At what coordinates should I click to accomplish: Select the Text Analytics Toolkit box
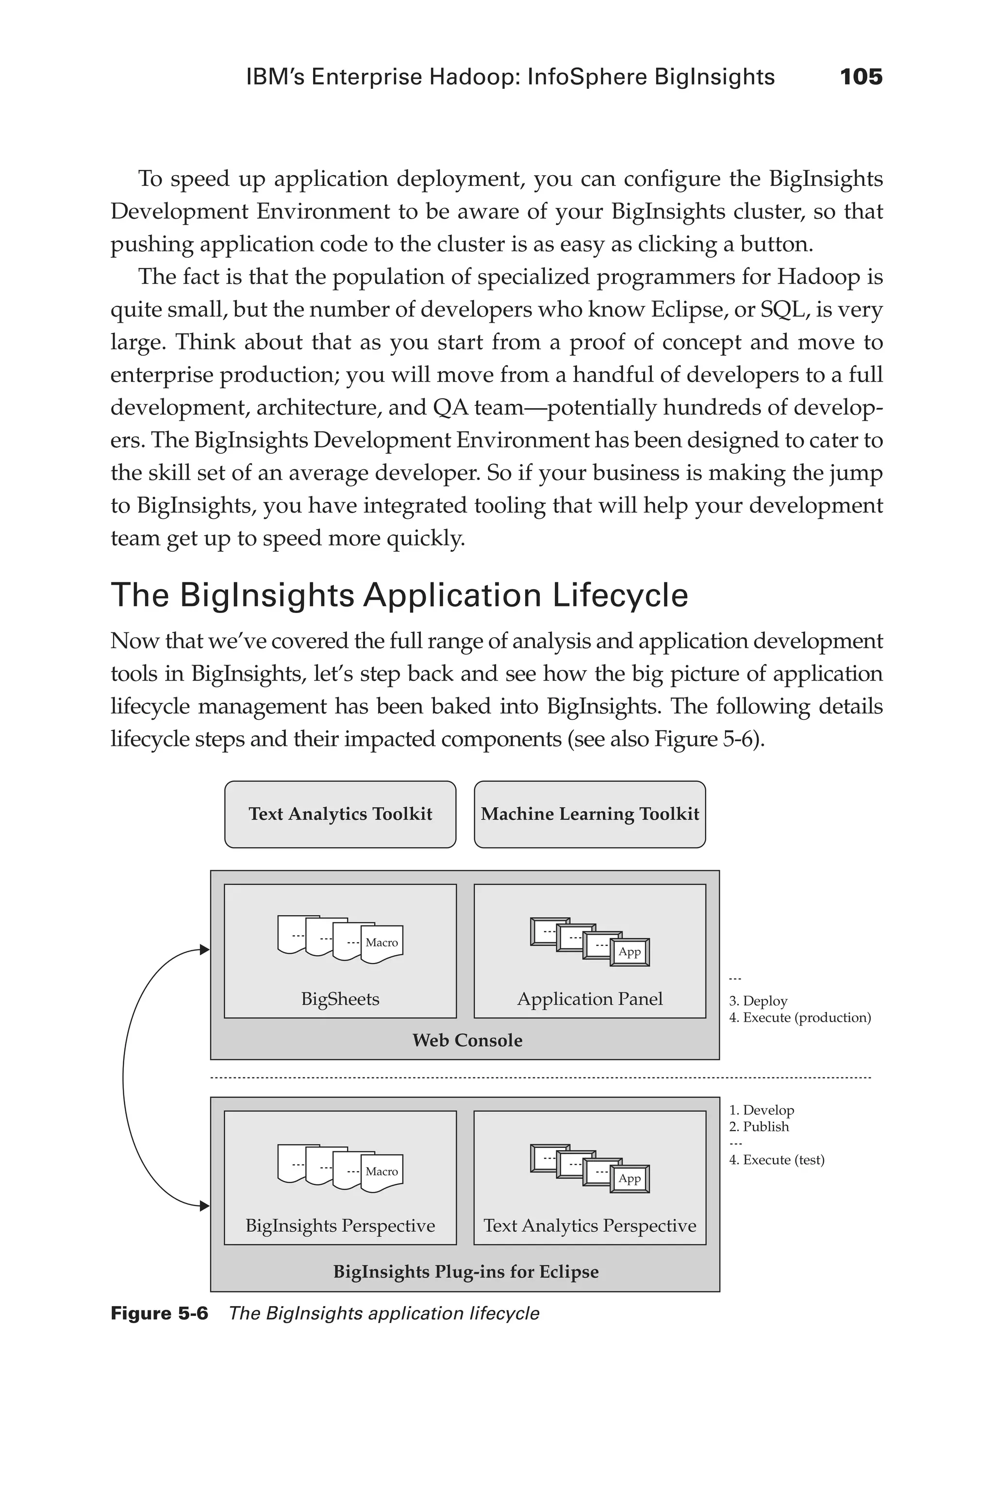click(x=340, y=814)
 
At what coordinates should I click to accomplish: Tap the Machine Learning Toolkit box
click(x=590, y=814)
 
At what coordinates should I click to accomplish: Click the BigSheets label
click(x=340, y=999)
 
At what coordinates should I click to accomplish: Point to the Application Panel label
click(x=590, y=999)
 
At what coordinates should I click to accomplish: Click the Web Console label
click(x=467, y=1040)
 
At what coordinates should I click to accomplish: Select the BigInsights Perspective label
click(x=340, y=1226)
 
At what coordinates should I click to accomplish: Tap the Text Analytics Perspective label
click(x=590, y=1226)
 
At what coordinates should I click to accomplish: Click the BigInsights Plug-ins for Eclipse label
click(x=466, y=1272)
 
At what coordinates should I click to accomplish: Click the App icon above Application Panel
click(x=630, y=952)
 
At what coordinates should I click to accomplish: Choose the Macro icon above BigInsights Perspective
click(x=381, y=1172)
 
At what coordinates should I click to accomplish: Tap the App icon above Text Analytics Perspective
click(x=630, y=1179)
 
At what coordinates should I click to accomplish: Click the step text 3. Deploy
click(x=758, y=1001)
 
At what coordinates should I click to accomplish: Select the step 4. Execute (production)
click(x=800, y=1017)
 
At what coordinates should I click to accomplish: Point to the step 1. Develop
click(x=762, y=1110)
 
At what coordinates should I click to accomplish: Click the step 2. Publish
click(x=759, y=1127)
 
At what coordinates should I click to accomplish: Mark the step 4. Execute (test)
click(x=777, y=1160)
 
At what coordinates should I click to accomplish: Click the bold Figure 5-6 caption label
click(x=159, y=1313)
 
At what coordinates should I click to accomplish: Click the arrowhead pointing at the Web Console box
click(x=204, y=950)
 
